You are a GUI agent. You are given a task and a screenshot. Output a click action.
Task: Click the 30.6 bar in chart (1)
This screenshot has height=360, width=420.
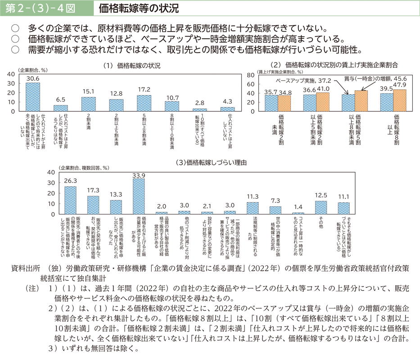(32, 97)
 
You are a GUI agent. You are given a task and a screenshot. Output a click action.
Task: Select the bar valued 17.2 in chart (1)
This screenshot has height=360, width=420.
(144, 103)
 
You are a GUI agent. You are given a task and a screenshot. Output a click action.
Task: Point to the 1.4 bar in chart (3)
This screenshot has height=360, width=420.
(298, 213)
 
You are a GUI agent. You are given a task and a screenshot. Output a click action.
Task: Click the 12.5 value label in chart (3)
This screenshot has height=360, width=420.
(321, 195)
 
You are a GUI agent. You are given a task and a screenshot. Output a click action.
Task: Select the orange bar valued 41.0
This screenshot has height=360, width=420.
(323, 101)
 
